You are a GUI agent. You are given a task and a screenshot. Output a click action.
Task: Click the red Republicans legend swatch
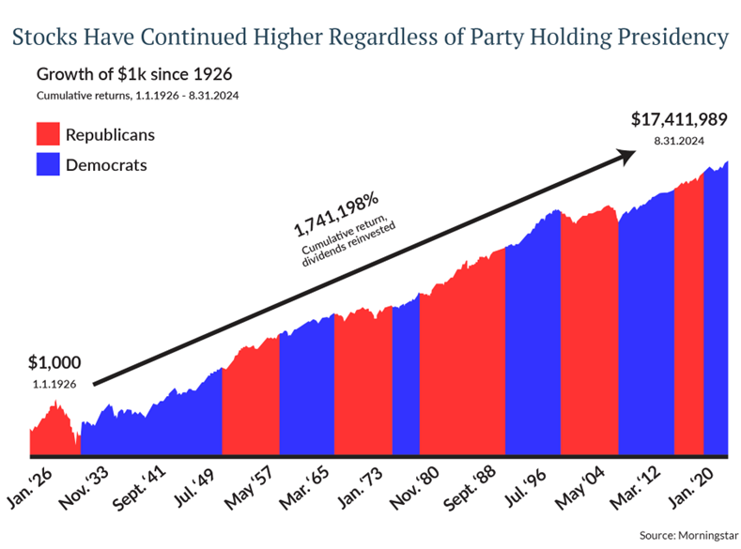pyautogui.click(x=47, y=134)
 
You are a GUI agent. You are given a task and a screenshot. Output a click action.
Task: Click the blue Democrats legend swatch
pyautogui.click(x=47, y=165)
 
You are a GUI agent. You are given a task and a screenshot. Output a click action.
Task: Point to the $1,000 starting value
pyautogui.click(x=54, y=363)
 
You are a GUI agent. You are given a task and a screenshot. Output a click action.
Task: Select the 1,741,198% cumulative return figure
pyautogui.click(x=335, y=215)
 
